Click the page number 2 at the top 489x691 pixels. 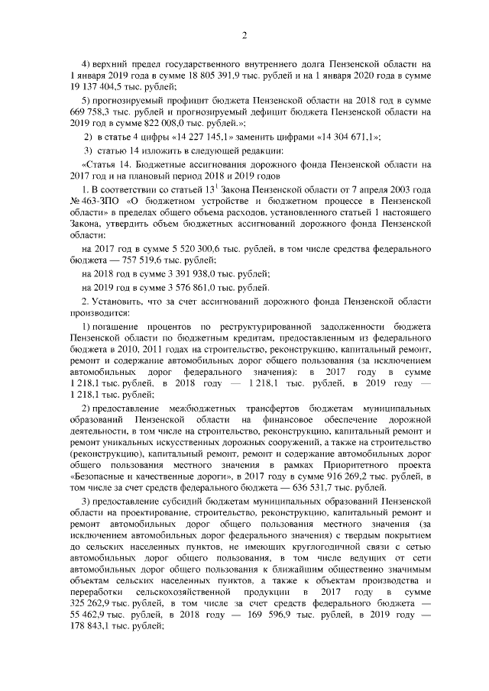[244, 36]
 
